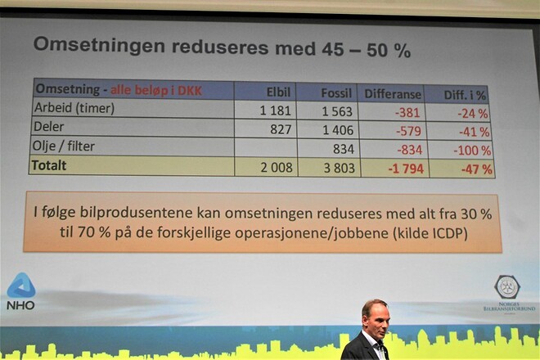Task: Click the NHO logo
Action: pos(21,291)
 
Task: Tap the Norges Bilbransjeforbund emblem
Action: pos(507,287)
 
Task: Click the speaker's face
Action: pos(376,320)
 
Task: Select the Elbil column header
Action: pos(278,92)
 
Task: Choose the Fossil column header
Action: pos(336,93)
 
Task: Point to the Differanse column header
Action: pos(393,94)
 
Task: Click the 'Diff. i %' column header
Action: pos(465,95)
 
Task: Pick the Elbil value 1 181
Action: pos(275,110)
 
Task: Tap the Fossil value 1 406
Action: pos(338,130)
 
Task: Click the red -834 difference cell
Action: pos(409,150)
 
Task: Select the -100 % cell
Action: pos(472,151)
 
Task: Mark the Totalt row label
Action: pos(48,165)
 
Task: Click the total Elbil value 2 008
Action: pos(277,168)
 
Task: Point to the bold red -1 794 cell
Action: pos(406,169)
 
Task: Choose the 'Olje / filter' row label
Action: pos(63,146)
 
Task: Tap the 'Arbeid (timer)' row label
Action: pos(74,108)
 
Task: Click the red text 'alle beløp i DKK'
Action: pos(156,90)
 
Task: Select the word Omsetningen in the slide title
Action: pos(99,45)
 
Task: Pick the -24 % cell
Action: pos(473,114)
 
